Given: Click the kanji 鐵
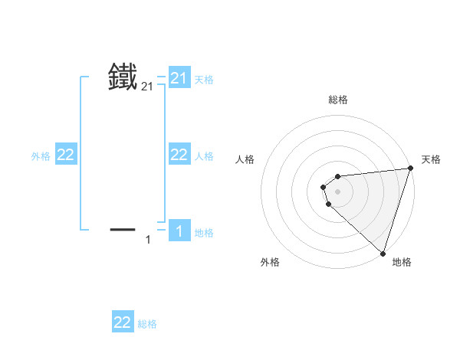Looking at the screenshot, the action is click(123, 77).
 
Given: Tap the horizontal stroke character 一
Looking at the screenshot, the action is click(123, 229).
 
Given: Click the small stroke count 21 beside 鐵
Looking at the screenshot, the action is click(147, 88).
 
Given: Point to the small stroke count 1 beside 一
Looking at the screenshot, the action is click(148, 241).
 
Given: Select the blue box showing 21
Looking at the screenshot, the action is click(179, 77).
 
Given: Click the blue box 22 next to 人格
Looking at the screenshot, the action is click(179, 155).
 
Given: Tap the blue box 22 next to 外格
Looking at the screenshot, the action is click(66, 155).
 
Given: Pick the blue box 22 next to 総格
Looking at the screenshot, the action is click(123, 322).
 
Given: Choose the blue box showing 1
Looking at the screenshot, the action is click(179, 231).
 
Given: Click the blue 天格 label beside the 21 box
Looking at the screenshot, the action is click(204, 79).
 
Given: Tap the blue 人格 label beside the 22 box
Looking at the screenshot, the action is click(204, 156).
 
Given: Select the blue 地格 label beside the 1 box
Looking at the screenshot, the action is click(204, 233).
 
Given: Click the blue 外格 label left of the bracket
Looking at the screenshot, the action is click(41, 156).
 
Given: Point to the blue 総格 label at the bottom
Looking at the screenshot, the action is click(147, 324).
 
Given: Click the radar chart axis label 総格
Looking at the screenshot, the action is click(338, 100).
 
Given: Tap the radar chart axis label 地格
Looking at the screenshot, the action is click(402, 262).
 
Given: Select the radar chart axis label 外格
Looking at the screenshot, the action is click(270, 262).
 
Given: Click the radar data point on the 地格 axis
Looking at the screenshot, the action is click(383, 253).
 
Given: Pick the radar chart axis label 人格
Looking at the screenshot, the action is click(245, 159).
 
